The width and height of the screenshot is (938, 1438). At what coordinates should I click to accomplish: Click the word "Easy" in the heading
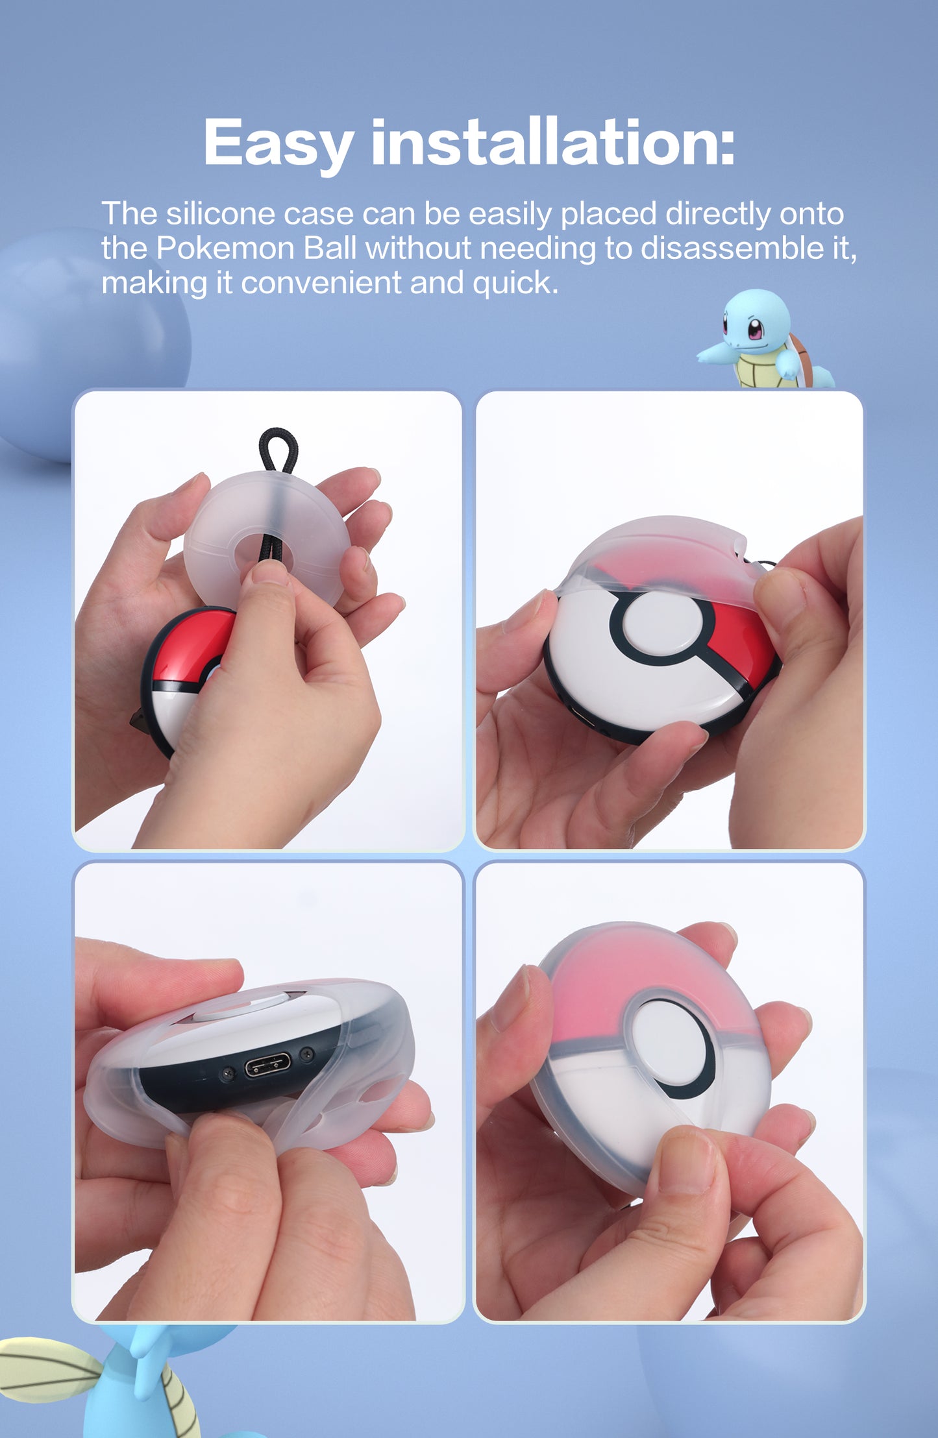[x=278, y=143]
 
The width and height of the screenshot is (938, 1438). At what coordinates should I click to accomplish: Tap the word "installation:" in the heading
[x=552, y=142]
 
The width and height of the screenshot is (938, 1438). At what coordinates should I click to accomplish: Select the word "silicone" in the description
[x=221, y=213]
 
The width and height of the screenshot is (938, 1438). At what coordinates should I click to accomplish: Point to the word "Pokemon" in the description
[x=225, y=249]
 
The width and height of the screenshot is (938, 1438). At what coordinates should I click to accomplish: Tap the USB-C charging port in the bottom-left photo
[x=267, y=1064]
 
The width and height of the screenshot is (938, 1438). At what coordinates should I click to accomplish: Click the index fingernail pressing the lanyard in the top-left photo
[x=270, y=572]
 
